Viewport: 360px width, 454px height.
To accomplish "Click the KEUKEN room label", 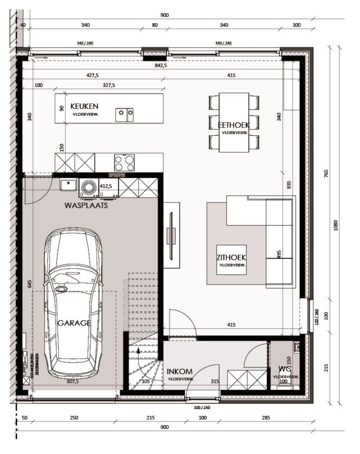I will tap(85, 106).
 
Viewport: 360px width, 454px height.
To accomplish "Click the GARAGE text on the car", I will tap(74, 323).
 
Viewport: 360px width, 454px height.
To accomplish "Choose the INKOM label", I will tap(180, 372).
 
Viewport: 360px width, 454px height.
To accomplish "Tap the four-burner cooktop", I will tap(125, 162).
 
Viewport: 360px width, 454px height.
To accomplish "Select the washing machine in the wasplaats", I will tap(88, 187).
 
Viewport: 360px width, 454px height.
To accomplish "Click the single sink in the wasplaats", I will tap(68, 185).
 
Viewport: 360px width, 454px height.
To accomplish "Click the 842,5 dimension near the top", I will tap(162, 66).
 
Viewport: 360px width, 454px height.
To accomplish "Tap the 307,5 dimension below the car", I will tap(73, 382).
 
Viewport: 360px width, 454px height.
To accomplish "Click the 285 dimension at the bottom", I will tap(265, 418).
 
